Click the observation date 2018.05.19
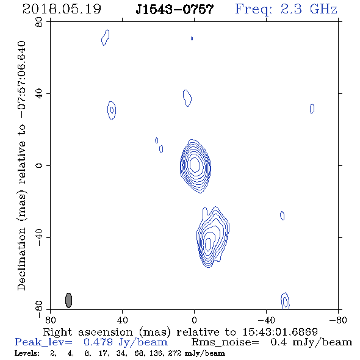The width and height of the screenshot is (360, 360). [62, 9]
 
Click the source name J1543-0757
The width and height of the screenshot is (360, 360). [175, 9]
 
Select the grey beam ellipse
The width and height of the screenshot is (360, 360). [69, 300]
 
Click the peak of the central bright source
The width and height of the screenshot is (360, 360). [195, 165]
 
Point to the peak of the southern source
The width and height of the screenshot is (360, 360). [208, 244]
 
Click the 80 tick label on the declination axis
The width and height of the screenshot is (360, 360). [39, 22]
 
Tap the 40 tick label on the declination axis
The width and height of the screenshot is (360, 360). [39, 94]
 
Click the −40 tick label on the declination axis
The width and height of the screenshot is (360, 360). [39, 237]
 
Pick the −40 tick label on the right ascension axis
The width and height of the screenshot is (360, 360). [266, 320]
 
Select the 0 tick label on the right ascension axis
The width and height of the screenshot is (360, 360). [194, 320]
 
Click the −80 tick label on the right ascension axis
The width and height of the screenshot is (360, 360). [338, 320]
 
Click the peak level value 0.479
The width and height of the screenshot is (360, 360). [98, 342]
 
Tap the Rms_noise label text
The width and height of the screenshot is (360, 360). [225, 342]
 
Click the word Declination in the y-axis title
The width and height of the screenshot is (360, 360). [21, 259]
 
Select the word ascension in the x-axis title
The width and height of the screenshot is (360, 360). [106, 332]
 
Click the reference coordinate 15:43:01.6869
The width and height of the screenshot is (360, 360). [280, 332]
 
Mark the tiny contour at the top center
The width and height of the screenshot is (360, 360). [192, 38]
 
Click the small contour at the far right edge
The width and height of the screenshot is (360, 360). [312, 109]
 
